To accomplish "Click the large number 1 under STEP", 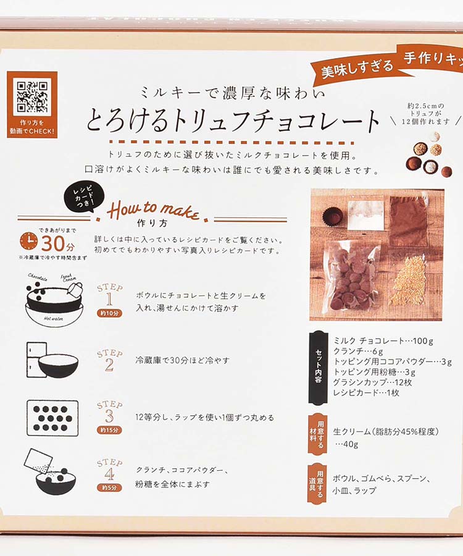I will [x=109, y=300].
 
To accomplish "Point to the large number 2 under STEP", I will [x=109, y=364].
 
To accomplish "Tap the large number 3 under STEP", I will [x=109, y=416].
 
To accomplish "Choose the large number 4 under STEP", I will [x=109, y=473].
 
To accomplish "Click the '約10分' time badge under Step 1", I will [x=109, y=313].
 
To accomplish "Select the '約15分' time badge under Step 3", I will [x=109, y=430].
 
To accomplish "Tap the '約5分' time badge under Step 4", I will [x=109, y=487].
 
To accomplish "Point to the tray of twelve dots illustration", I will [x=52, y=418].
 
